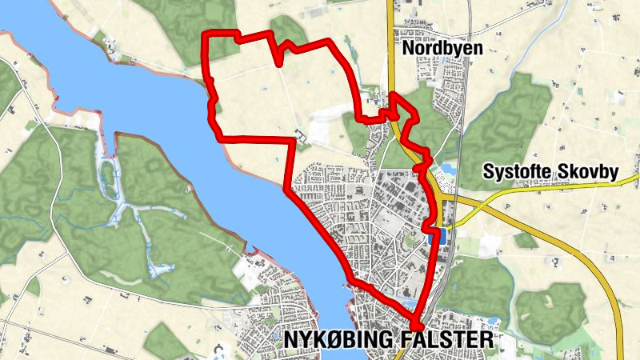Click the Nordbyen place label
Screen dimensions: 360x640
(442, 48)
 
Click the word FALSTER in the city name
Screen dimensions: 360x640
(448, 341)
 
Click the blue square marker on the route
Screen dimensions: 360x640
(438, 238)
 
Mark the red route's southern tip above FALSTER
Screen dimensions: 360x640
(418, 325)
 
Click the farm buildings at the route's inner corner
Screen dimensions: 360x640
(301, 138)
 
